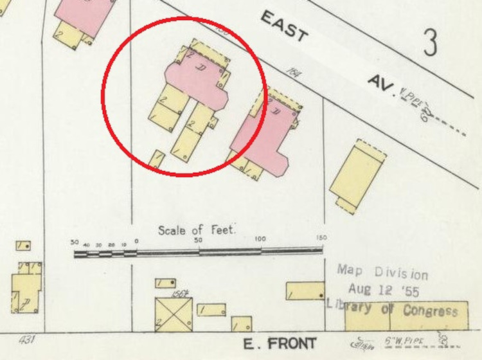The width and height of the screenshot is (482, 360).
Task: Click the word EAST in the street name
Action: (285, 27)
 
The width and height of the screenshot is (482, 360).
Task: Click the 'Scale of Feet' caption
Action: (197, 230)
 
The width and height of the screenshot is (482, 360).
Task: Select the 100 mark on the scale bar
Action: (260, 239)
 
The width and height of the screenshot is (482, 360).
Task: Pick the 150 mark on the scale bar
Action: (320, 238)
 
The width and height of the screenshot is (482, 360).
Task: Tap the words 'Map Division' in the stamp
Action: (382, 271)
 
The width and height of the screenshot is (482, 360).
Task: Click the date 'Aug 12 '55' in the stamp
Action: (383, 290)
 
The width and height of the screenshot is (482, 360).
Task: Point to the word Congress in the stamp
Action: (431, 311)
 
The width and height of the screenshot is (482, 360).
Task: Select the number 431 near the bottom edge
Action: (26, 339)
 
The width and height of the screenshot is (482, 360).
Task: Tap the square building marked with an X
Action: (174, 314)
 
